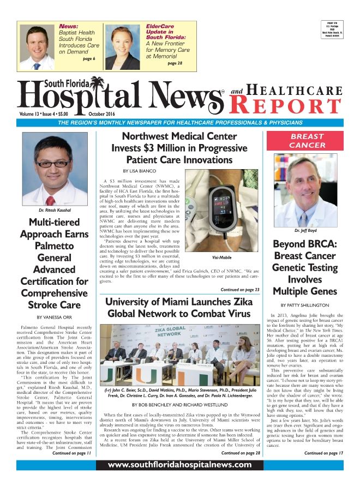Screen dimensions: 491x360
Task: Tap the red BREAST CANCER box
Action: (307, 141)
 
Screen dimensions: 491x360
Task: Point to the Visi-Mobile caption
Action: (223, 257)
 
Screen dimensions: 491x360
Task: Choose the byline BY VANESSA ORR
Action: (53, 317)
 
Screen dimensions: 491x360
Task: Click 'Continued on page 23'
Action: (239, 290)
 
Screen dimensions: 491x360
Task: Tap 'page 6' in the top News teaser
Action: (89, 58)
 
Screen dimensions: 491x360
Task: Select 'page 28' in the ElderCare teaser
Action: (176, 63)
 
